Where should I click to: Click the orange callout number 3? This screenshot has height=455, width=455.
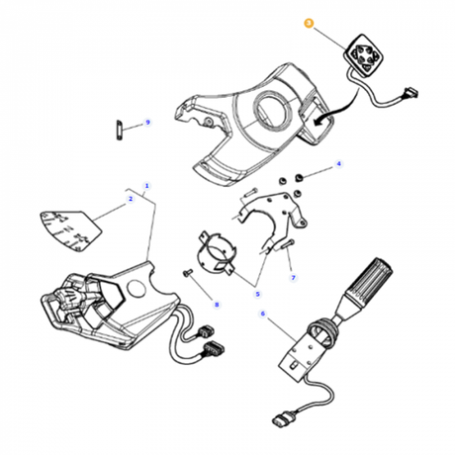click(x=309, y=23)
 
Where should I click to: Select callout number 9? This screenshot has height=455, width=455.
click(x=147, y=123)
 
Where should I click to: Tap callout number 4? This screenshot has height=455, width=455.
click(x=338, y=164)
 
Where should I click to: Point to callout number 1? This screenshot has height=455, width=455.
click(x=147, y=186)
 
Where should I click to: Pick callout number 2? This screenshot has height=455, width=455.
click(x=131, y=199)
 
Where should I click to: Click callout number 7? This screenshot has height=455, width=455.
click(x=293, y=278)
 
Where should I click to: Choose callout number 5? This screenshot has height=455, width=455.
click(x=257, y=294)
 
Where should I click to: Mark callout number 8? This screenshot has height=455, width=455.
click(x=217, y=305)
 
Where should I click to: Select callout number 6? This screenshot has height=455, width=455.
click(x=263, y=314)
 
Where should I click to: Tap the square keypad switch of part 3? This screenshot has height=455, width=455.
click(x=364, y=56)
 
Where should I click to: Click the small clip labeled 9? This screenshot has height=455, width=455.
click(x=119, y=130)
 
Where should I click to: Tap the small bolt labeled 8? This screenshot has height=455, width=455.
click(x=187, y=273)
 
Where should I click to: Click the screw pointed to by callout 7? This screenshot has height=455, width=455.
click(x=288, y=245)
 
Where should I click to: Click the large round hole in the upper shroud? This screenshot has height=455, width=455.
click(x=273, y=110)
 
